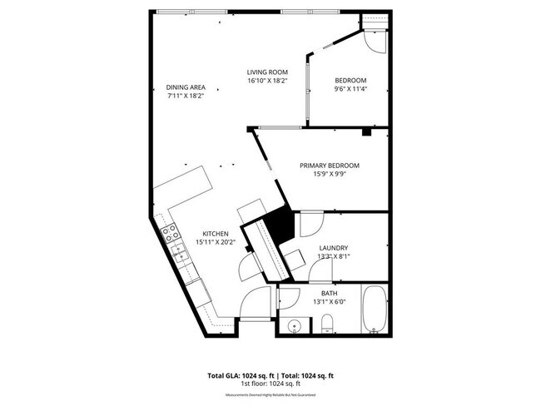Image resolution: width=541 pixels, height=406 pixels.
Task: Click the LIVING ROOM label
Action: coord(266,72)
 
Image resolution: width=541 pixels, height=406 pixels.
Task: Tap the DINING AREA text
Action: coord(185,87)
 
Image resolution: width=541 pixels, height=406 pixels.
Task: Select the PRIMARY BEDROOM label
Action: coord(329,166)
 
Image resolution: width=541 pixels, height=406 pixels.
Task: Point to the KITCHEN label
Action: coord(215,234)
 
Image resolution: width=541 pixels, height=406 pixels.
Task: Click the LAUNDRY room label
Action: coord(333,248)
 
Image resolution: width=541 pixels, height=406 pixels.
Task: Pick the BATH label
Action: coord(330,293)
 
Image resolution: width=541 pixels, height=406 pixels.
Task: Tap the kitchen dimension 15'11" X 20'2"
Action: coord(215,242)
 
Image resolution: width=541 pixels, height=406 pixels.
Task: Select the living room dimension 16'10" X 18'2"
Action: coord(266,81)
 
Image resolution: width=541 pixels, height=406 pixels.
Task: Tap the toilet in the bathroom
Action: coord(328,323)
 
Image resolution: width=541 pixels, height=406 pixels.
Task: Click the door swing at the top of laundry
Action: coord(310,223)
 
